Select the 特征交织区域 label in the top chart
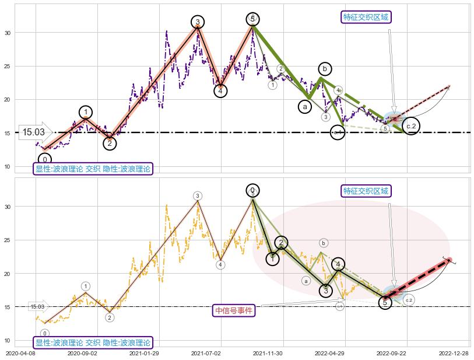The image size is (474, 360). pyautogui.click(x=366, y=17)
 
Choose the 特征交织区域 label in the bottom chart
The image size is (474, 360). pyautogui.click(x=366, y=191)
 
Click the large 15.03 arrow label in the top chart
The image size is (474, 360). pyautogui.click(x=34, y=132)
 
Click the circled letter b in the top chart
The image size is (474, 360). pyautogui.click(x=325, y=69)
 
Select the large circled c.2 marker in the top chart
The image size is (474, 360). pyautogui.click(x=411, y=126)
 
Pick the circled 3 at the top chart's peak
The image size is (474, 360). pyautogui.click(x=198, y=22)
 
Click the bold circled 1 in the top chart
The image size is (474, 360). pyautogui.click(x=86, y=113)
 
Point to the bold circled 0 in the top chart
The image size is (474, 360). pyautogui.click(x=44, y=159)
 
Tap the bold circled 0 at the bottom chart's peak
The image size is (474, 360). pyautogui.click(x=252, y=190)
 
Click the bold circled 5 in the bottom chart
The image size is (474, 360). pyautogui.click(x=385, y=302)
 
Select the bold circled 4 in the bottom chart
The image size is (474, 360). pyautogui.click(x=338, y=264)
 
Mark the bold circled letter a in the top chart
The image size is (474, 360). pyautogui.click(x=304, y=107)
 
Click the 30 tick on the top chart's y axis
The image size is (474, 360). pyautogui.click(x=8, y=33)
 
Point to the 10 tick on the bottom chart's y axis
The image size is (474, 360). pyautogui.click(x=8, y=340)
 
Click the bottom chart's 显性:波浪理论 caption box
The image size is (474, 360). pyautogui.click(x=93, y=342)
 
